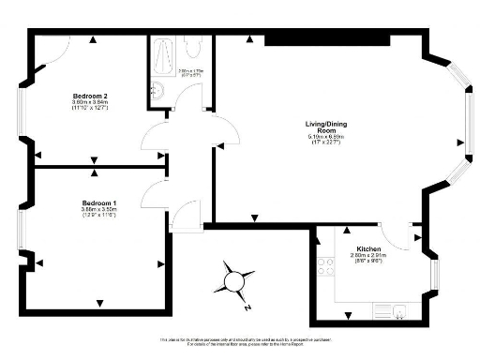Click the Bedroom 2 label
point(95,97)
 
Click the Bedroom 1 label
point(97,203)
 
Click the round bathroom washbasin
point(157,90)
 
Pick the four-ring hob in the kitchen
point(327,266)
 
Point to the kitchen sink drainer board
point(382,309)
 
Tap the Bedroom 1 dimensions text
point(97,213)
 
